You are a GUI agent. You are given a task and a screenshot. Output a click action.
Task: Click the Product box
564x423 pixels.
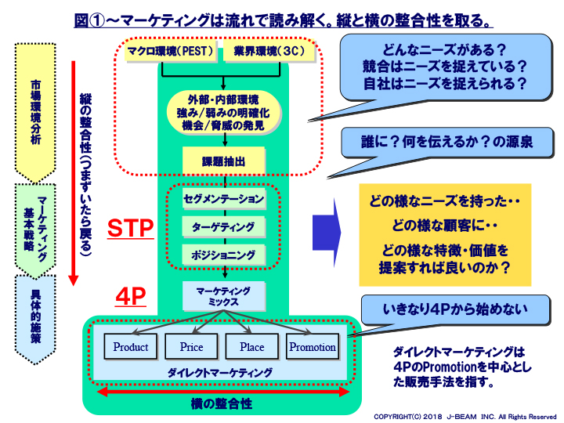tap(131, 347)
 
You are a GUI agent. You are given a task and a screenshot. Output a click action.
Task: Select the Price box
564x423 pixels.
tap(191, 347)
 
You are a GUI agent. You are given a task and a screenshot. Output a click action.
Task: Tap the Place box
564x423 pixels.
tap(252, 347)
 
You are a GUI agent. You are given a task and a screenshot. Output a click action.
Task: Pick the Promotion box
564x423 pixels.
tap(313, 347)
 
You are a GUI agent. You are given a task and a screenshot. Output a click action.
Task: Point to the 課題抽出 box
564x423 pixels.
tap(224, 161)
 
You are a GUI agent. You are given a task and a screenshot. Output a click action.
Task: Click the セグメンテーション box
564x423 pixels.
tap(224, 199)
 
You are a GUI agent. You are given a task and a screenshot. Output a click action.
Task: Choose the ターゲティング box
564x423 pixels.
tap(224, 227)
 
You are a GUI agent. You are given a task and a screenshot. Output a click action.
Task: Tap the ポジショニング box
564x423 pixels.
tap(224, 255)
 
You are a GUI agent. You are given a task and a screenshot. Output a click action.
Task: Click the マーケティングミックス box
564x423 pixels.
tap(224, 295)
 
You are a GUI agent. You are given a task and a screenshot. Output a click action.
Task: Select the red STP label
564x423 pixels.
tap(130, 229)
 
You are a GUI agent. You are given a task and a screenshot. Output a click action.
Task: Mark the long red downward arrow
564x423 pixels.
tap(73, 172)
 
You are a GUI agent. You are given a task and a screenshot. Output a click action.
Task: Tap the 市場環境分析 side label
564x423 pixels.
tap(36, 110)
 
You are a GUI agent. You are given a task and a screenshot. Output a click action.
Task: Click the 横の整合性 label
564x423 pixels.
tap(222, 403)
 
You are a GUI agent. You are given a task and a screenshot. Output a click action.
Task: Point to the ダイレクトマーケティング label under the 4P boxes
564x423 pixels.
tap(222, 373)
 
